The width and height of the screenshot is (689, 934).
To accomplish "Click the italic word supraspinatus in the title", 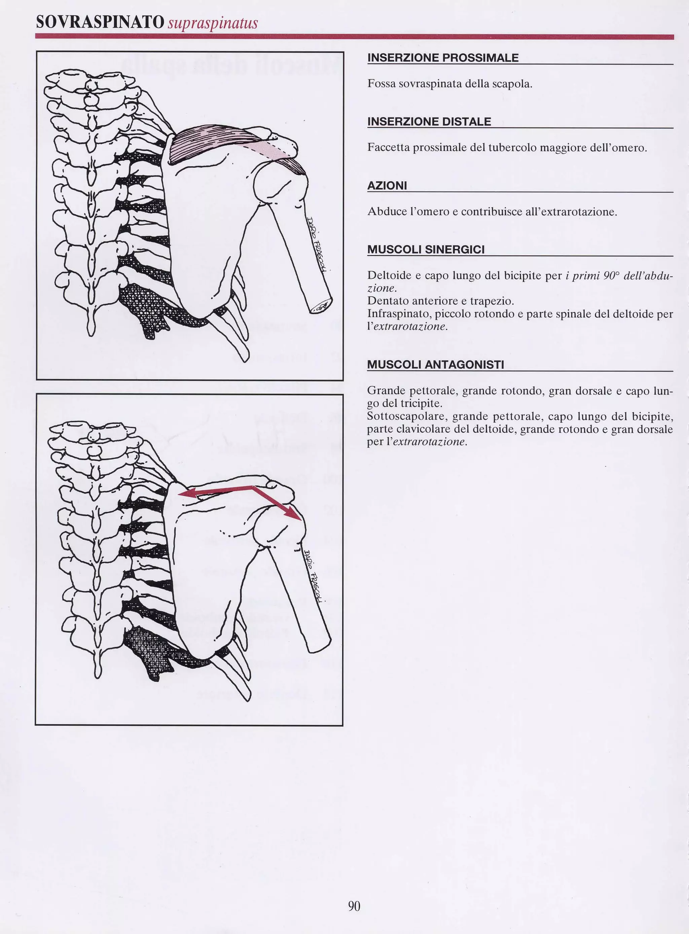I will pyautogui.click(x=213, y=23).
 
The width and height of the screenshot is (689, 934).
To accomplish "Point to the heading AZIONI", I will pyautogui.click(x=387, y=186).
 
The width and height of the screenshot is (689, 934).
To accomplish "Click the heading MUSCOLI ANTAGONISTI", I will pyautogui.click(x=435, y=365).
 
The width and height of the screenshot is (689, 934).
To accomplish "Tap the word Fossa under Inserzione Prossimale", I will pyautogui.click(x=381, y=84).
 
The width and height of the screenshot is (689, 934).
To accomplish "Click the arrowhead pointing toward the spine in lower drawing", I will pyautogui.click(x=183, y=494).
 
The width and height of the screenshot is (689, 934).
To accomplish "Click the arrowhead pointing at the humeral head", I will pyautogui.click(x=295, y=516).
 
